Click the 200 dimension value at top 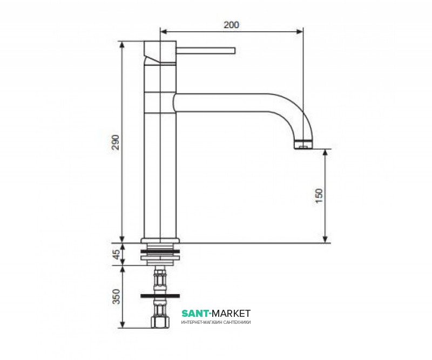point(231,25)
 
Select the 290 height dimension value point(116,142)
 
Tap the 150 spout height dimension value point(319,196)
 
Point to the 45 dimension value point(117,254)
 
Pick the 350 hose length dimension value point(117,296)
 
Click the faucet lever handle point(206,51)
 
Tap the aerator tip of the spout point(303,145)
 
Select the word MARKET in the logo point(232,314)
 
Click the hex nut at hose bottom point(160,322)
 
